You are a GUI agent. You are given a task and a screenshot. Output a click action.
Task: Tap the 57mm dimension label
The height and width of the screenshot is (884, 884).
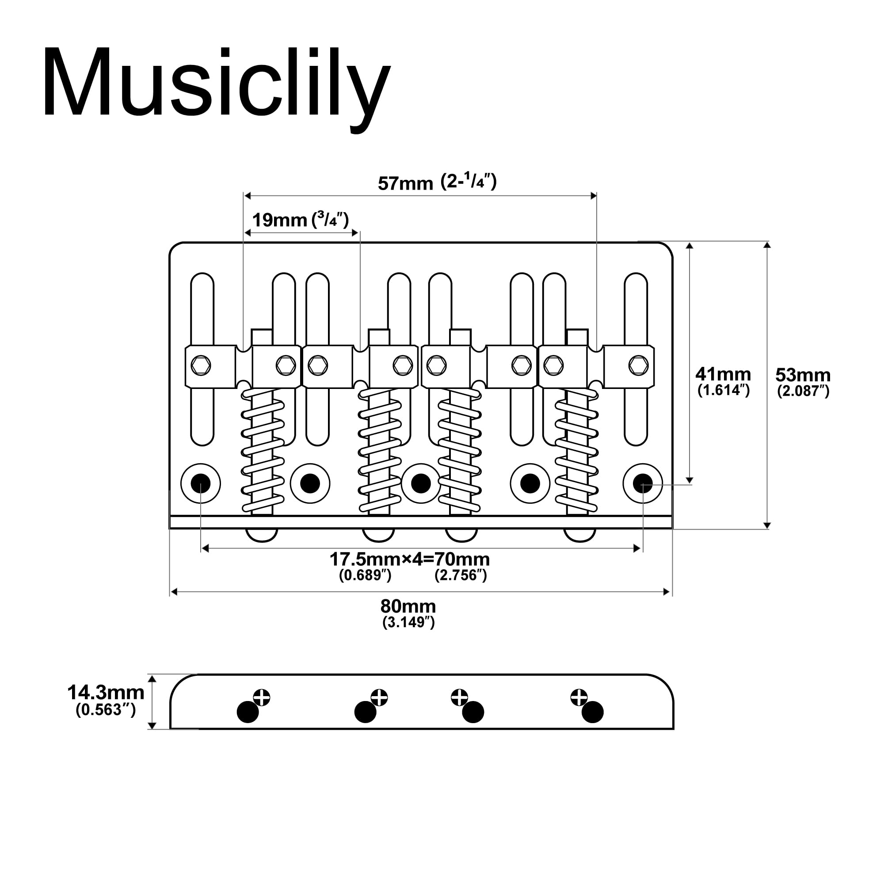pyautogui.click(x=405, y=183)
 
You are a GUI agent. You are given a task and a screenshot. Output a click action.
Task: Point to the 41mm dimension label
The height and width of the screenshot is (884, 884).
pyautogui.click(x=723, y=374)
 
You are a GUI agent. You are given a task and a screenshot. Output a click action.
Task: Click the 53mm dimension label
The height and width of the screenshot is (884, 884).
pyautogui.click(x=803, y=375)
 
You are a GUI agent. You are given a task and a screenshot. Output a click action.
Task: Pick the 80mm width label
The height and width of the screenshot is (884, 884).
pyautogui.click(x=408, y=607)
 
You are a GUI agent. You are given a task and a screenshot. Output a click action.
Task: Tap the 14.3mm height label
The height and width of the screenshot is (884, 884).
pyautogui.click(x=106, y=693)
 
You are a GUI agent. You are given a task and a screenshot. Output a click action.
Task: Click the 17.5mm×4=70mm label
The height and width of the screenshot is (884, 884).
pyautogui.click(x=410, y=559)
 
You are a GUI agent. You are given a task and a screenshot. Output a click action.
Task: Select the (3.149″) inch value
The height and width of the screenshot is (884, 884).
pyautogui.click(x=408, y=622)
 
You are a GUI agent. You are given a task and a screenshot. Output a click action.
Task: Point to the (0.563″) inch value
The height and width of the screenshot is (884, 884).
pyautogui.click(x=106, y=710)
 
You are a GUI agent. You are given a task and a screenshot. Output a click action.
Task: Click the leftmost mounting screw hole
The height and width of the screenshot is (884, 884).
pyautogui.click(x=200, y=483)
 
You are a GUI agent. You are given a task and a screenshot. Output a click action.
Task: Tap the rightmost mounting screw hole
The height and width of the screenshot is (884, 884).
pyautogui.click(x=642, y=483)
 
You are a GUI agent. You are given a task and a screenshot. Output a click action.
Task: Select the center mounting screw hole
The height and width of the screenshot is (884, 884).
pyautogui.click(x=421, y=483)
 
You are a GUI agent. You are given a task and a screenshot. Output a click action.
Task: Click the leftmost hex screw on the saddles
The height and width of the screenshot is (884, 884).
pyautogui.click(x=200, y=365)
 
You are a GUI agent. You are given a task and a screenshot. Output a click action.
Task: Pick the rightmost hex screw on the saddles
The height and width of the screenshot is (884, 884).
pyautogui.click(x=638, y=365)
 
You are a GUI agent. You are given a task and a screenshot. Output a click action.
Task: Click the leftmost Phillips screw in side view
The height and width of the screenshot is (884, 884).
pyautogui.click(x=262, y=698)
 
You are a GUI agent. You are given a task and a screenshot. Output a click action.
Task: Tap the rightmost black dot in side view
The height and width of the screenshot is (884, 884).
pyautogui.click(x=593, y=712)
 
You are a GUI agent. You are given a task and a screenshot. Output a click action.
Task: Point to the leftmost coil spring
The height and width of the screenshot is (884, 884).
pyautogui.click(x=263, y=451)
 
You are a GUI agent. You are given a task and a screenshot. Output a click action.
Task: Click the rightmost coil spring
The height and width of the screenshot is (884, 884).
pyautogui.click(x=576, y=451)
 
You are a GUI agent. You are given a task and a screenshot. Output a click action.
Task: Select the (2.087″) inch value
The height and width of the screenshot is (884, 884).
pyautogui.click(x=803, y=391)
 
